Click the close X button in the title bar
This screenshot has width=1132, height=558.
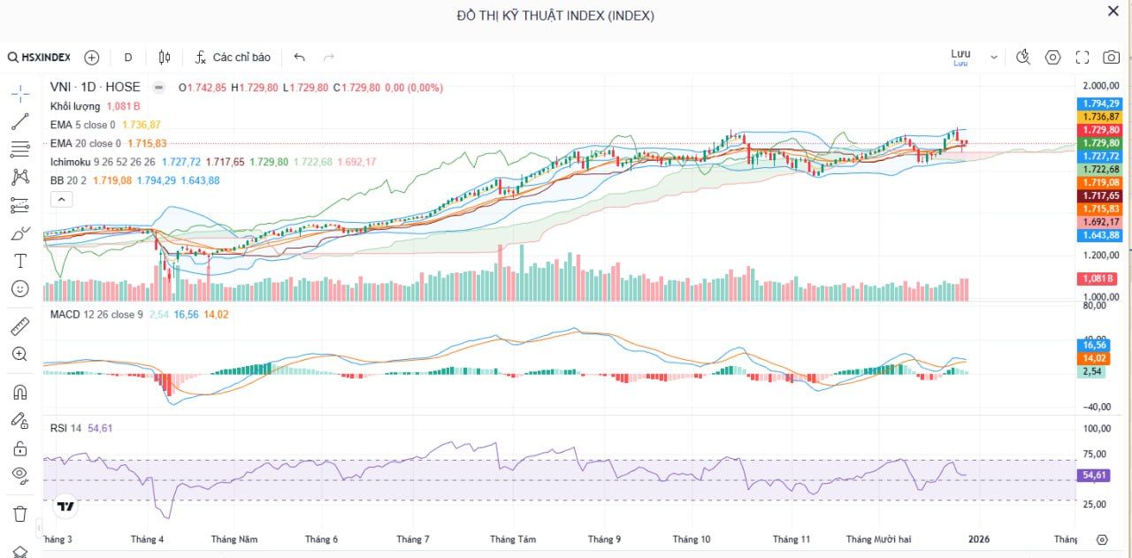[x=1113, y=11]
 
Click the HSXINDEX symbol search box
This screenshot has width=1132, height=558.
[x=40, y=57]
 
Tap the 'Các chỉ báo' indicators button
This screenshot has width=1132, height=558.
[x=233, y=57]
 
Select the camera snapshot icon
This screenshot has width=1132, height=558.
[x=1111, y=57]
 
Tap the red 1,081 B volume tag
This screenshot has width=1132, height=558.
[x=1098, y=279]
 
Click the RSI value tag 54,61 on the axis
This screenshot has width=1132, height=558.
[x=1095, y=476]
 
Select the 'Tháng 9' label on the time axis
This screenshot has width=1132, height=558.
[x=604, y=539]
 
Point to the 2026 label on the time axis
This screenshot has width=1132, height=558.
[x=978, y=539]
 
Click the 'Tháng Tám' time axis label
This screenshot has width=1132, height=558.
[x=513, y=539]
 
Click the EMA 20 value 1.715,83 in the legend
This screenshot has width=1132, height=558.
[x=147, y=143]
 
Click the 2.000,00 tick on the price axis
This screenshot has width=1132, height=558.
[x=1101, y=87]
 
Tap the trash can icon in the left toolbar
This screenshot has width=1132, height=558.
[x=20, y=514]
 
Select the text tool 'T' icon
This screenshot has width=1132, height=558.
[x=20, y=261]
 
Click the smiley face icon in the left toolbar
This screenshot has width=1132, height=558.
[x=20, y=288]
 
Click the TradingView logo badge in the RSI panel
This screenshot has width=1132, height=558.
[x=65, y=507]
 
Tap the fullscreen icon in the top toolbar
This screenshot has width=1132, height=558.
[x=1082, y=57]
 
